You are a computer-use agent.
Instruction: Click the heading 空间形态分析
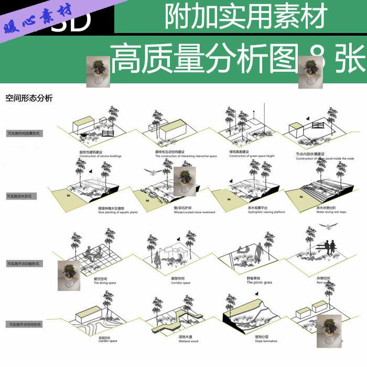tap(29, 98)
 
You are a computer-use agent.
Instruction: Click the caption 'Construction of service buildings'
tap(101, 156)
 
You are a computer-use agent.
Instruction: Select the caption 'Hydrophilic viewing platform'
tap(249, 212)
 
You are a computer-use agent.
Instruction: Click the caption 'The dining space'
tap(105, 283)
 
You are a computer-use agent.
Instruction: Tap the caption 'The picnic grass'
tap(260, 283)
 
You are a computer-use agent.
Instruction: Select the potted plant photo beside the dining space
tap(69, 275)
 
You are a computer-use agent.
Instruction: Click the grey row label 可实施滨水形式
tap(19, 196)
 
